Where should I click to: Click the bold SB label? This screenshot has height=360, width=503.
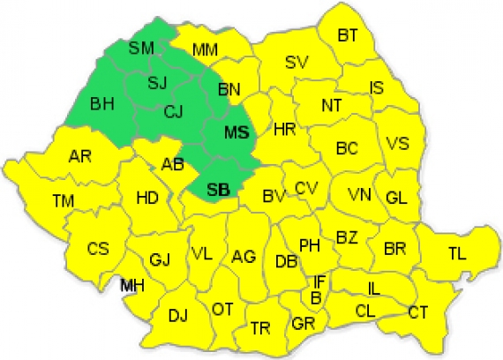tap(218, 188)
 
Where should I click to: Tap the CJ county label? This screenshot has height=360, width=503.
tap(175, 112)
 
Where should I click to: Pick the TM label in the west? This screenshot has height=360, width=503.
tap(63, 201)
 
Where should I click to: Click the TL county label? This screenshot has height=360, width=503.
tap(456, 254)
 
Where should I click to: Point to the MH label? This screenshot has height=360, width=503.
tap(132, 286)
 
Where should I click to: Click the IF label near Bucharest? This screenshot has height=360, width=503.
tap(319, 282)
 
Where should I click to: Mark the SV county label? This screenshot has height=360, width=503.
tap(296, 62)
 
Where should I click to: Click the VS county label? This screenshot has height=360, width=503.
tap(398, 144)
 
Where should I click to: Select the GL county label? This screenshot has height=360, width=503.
tap(396, 198)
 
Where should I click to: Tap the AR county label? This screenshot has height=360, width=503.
tap(80, 157)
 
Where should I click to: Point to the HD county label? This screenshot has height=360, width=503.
tap(147, 198)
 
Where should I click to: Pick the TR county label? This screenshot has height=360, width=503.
tap(259, 328)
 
